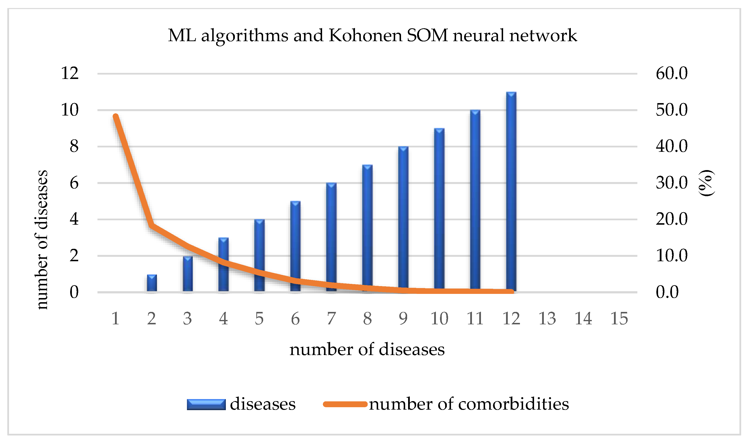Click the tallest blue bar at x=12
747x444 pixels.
tap(511, 192)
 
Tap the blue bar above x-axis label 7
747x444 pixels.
tap(331, 236)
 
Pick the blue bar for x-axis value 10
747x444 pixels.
tap(439, 209)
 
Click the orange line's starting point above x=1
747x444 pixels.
tap(116, 116)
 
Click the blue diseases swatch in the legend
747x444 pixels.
tap(206, 405)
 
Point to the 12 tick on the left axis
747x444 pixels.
tap(70, 73)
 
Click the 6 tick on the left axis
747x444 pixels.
tap(74, 183)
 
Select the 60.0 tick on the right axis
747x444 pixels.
tap(671, 73)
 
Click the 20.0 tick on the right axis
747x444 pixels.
tap(671, 219)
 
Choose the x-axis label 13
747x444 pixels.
tap(547, 318)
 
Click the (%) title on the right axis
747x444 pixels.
tap(706, 183)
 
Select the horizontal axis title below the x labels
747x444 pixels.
tap(367, 349)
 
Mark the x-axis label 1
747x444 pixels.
tap(115, 318)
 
